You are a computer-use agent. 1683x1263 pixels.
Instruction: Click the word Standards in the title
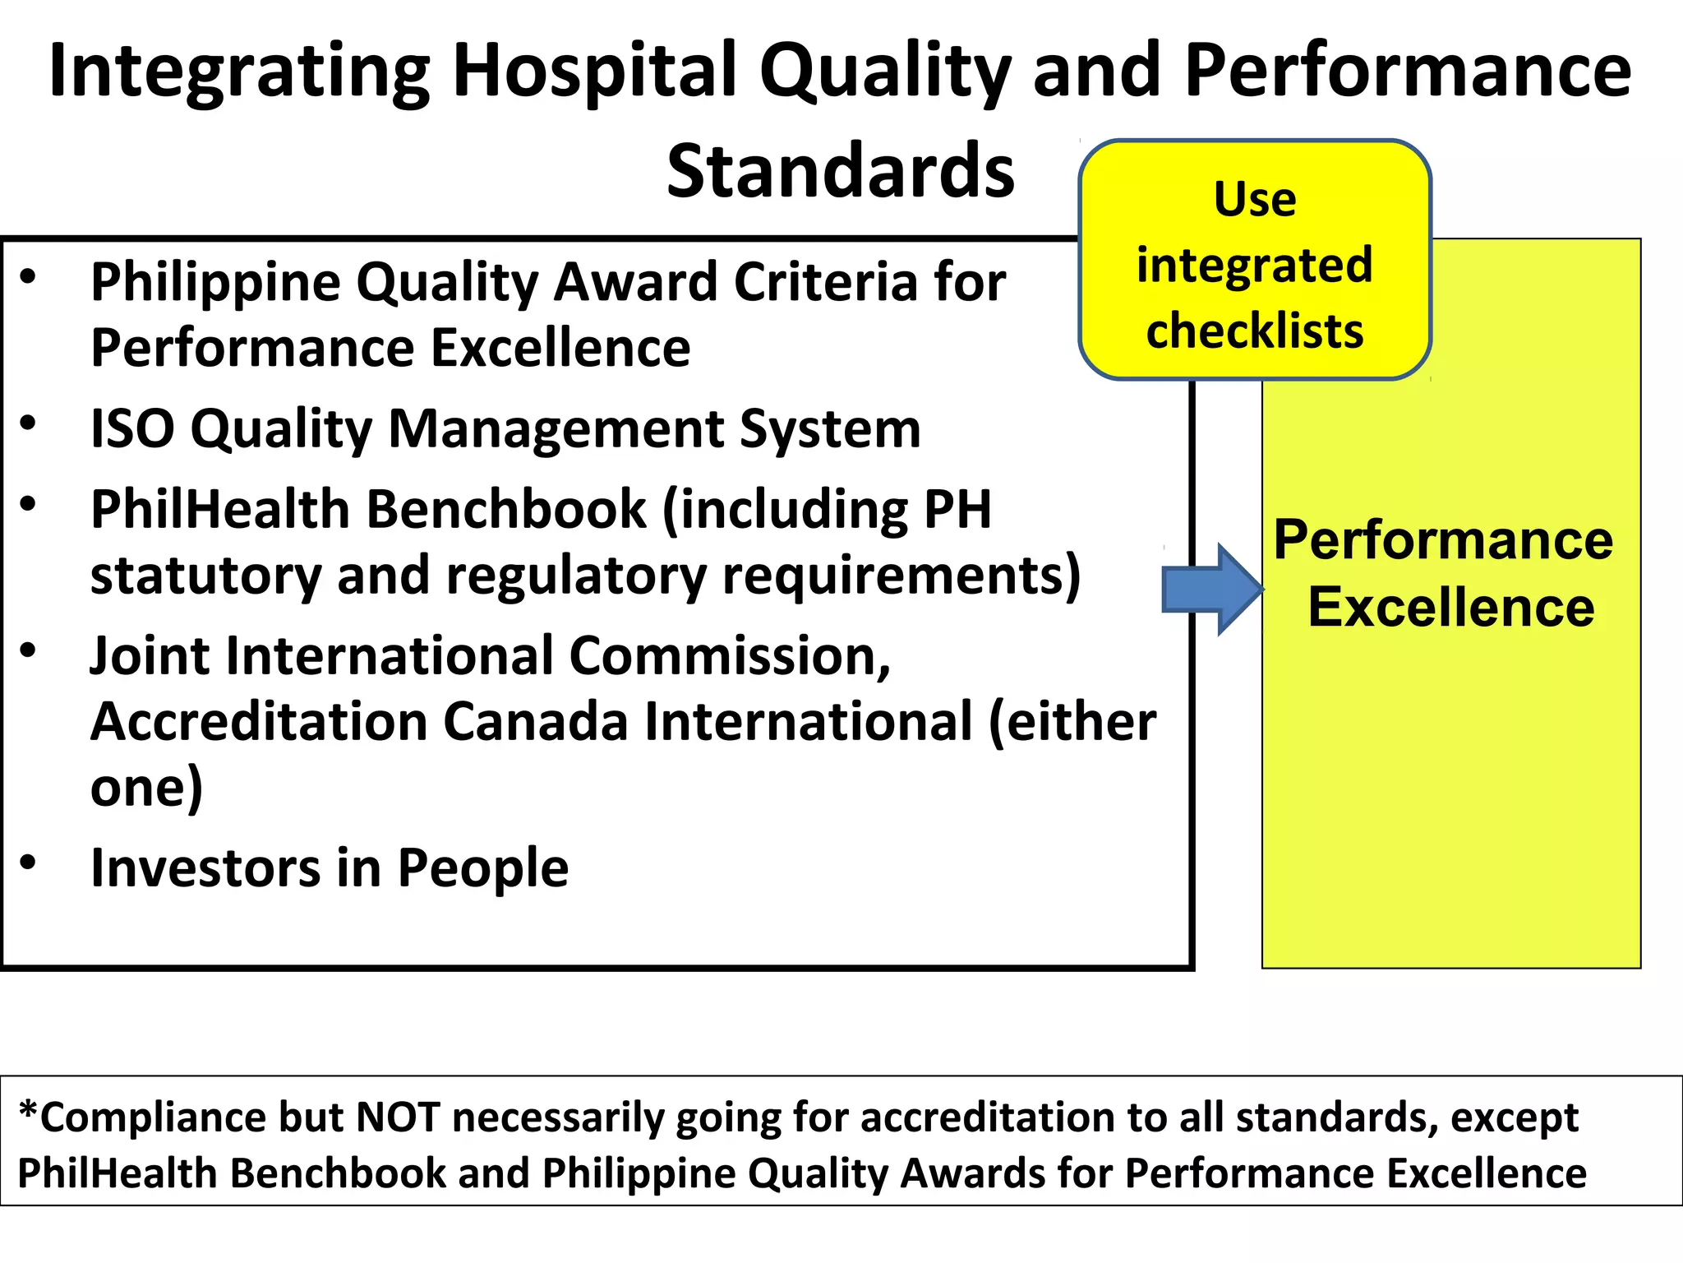coord(840,171)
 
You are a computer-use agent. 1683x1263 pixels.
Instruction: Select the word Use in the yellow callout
coord(1255,200)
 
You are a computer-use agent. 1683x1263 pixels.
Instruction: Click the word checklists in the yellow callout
coord(1255,331)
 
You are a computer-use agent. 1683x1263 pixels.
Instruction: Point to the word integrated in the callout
coord(1255,266)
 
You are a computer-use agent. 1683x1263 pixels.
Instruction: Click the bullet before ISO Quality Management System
coord(29,423)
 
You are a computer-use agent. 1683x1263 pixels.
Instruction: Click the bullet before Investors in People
coord(29,863)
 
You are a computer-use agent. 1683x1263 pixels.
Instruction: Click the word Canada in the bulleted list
coord(536,722)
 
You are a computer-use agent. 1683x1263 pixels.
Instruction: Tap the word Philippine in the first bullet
coord(215,283)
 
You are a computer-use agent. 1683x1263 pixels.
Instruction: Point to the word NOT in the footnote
coord(397,1117)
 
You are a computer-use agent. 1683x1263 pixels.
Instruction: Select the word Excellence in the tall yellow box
coord(1451,608)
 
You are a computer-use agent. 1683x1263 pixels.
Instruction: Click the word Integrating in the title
coord(239,72)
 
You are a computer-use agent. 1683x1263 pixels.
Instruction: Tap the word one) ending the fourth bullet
coord(146,788)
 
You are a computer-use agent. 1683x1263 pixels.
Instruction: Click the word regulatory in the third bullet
coord(575,575)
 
